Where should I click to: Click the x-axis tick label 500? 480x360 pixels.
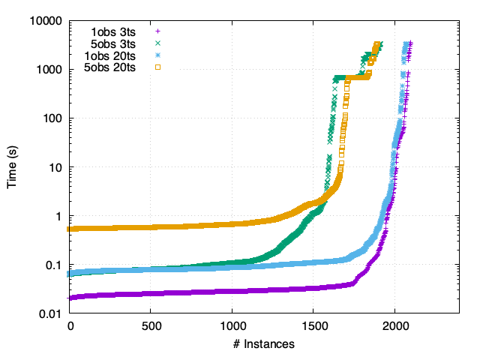[151, 328]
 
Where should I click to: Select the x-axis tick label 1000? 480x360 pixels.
[232, 328]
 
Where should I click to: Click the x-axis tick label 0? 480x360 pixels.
[70, 328]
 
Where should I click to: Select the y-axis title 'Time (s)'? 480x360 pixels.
[13, 167]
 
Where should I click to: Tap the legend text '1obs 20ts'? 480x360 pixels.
[110, 55]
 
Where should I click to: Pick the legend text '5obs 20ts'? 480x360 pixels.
[110, 67]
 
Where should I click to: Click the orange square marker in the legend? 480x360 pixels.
[158, 67]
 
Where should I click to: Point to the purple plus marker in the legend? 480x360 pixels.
[158, 31]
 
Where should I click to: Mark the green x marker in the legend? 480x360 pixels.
[158, 43]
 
